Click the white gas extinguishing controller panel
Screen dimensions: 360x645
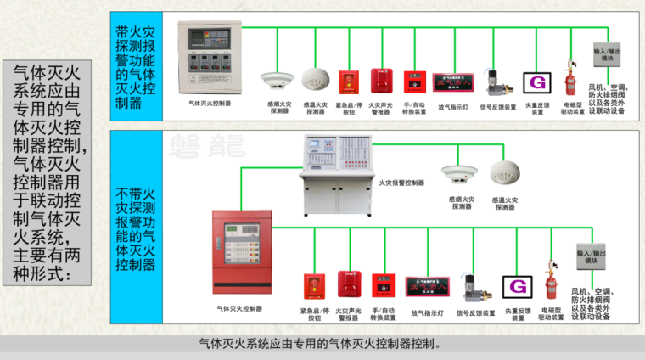tap(209, 59)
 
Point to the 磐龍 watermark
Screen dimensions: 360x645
tap(194, 142)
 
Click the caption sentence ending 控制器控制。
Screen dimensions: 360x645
tap(321, 344)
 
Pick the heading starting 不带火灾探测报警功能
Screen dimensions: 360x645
tap(136, 229)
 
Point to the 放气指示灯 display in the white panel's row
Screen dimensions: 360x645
tap(452, 82)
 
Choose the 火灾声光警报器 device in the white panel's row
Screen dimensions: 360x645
tap(379, 82)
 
